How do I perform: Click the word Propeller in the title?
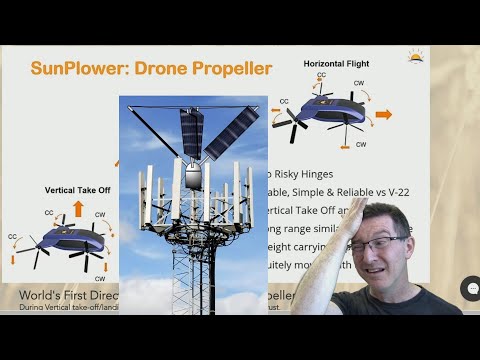(x=230, y=69)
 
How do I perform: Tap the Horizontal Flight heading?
(x=337, y=63)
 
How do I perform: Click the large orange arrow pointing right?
(x=383, y=114)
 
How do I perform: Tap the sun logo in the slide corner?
(x=415, y=56)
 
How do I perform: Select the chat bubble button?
(x=469, y=289)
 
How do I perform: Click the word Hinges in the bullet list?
(x=330, y=173)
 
